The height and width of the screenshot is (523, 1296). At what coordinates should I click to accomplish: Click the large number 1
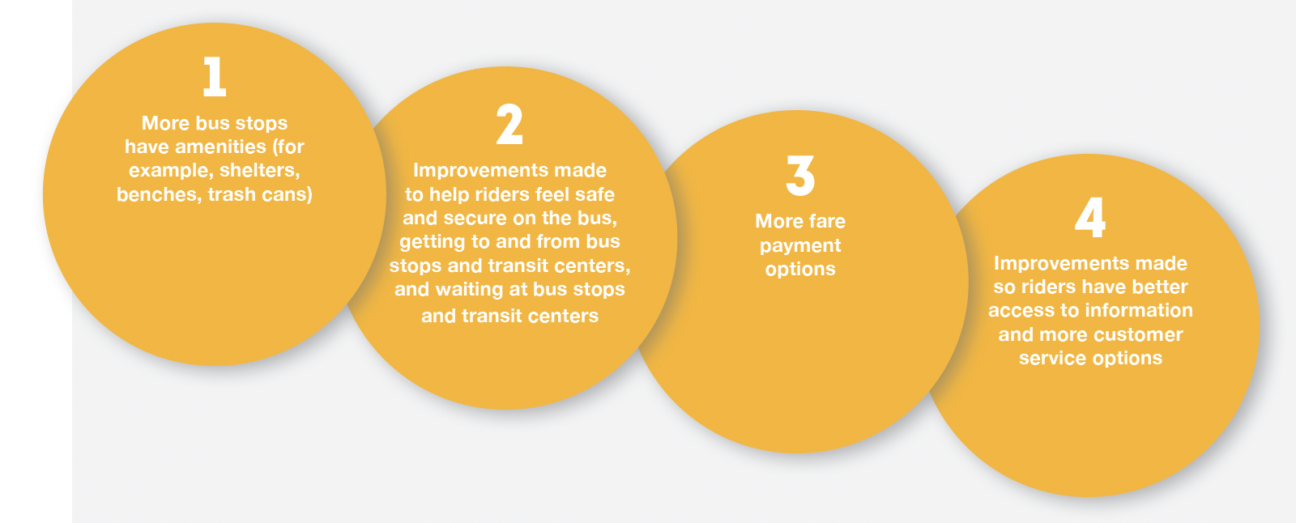(214, 76)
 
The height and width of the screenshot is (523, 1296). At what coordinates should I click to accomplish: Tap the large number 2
(509, 124)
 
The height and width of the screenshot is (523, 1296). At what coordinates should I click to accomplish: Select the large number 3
(800, 176)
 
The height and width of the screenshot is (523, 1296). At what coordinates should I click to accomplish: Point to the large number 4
(1090, 218)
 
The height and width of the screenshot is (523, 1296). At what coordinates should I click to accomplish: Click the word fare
(827, 221)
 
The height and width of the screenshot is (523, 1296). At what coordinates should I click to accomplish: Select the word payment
(800, 246)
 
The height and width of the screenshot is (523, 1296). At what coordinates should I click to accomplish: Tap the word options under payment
(800, 269)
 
